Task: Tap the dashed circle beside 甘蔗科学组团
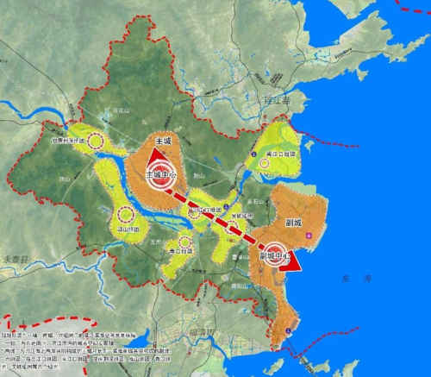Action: coord(97,141)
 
